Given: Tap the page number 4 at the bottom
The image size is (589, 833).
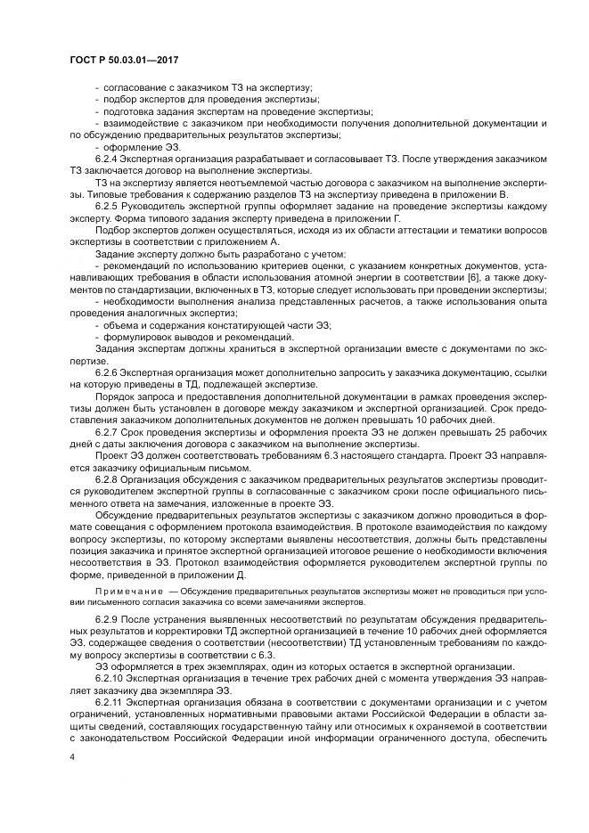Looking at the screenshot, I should coord(72,756).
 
